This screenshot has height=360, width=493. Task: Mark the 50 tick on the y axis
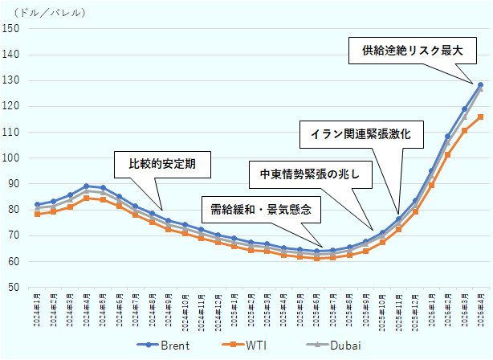click(14, 287)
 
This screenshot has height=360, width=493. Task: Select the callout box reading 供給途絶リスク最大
click(412, 50)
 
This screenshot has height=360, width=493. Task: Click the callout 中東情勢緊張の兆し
click(311, 174)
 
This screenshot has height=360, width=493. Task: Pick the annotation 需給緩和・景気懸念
click(261, 211)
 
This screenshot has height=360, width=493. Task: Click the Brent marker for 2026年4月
click(480, 84)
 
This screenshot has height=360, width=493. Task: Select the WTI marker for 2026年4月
click(480, 117)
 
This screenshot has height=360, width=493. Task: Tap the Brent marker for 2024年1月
click(37, 205)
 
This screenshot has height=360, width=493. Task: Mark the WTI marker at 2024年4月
click(86, 198)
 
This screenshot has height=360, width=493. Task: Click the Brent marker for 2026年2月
click(447, 137)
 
